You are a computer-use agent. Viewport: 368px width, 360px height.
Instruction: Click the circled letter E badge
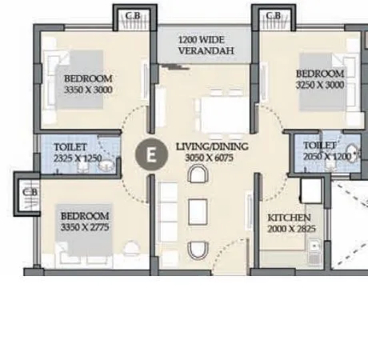[147, 154]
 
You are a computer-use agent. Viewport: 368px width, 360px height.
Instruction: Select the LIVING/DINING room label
[211, 146]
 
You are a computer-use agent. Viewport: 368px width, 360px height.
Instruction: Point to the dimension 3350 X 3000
[88, 90]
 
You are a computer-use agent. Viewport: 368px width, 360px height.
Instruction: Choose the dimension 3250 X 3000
[319, 83]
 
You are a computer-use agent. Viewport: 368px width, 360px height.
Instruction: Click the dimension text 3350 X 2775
[84, 227]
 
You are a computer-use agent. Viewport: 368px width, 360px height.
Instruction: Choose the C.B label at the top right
[273, 15]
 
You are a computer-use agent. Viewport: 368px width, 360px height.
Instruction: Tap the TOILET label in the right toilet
[320, 145]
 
